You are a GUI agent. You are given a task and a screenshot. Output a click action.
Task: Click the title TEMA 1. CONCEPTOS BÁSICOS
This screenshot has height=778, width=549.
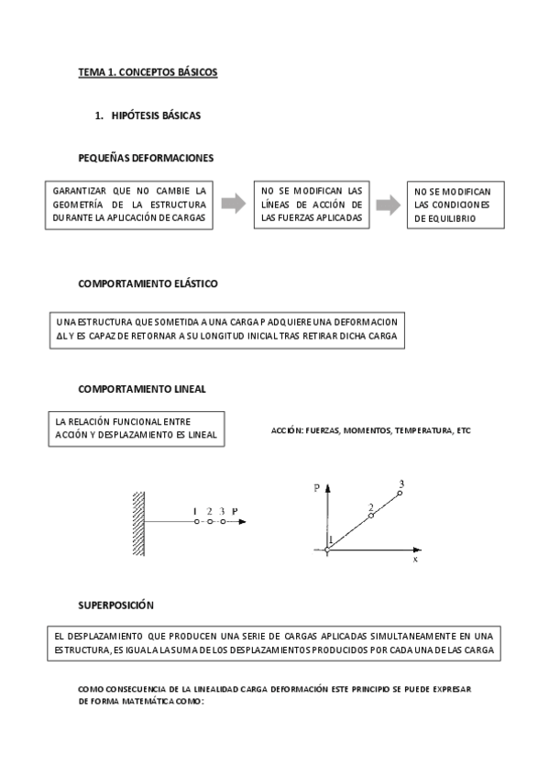(148, 72)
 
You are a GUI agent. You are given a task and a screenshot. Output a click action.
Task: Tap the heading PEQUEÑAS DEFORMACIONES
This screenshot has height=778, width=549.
(146, 158)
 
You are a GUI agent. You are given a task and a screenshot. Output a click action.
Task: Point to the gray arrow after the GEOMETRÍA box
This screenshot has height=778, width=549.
(236, 204)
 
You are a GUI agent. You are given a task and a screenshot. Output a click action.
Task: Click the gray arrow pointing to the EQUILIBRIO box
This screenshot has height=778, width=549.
(389, 205)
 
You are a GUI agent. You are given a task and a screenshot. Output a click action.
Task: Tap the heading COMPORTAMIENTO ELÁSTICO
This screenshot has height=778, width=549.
(148, 284)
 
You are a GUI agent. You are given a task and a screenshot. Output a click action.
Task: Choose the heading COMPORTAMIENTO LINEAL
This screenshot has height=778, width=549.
(141, 388)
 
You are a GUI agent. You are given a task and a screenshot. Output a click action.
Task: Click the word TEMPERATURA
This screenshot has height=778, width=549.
(424, 429)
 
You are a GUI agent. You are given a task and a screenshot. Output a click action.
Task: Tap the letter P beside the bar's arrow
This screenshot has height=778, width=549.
(236, 511)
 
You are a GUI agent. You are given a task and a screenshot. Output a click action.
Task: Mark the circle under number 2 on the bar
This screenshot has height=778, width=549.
(210, 522)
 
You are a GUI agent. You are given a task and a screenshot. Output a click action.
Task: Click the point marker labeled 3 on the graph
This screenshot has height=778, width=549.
(400, 494)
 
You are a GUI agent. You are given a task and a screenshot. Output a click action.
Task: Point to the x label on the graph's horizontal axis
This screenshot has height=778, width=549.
(415, 557)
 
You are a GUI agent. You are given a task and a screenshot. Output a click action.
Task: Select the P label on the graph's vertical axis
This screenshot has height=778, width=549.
(316, 489)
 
